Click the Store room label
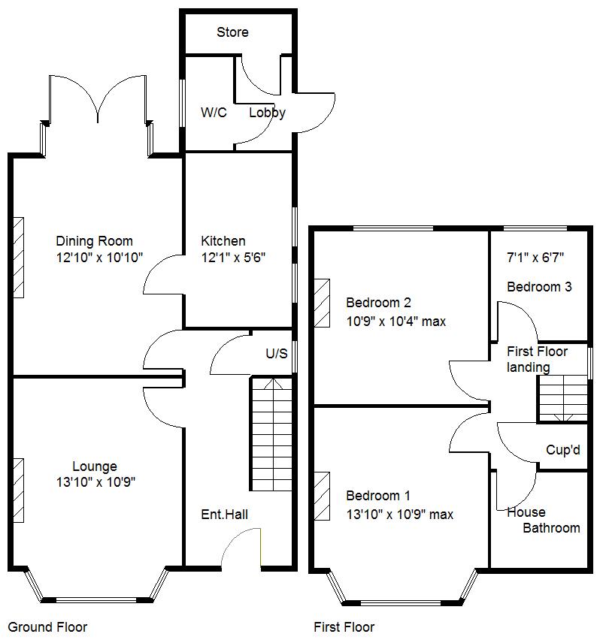232,32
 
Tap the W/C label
214,113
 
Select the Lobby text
267,113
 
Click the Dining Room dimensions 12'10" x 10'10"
94,258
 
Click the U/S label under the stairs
276,354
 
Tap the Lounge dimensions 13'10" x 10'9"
94,482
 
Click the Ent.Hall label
224,515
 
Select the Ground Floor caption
47,627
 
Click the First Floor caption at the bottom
344,627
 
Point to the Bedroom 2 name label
378,303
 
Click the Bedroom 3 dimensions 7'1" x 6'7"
535,258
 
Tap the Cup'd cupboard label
563,450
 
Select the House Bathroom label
543,521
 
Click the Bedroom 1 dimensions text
399,515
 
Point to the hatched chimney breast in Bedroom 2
322,303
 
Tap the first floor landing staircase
562,398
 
